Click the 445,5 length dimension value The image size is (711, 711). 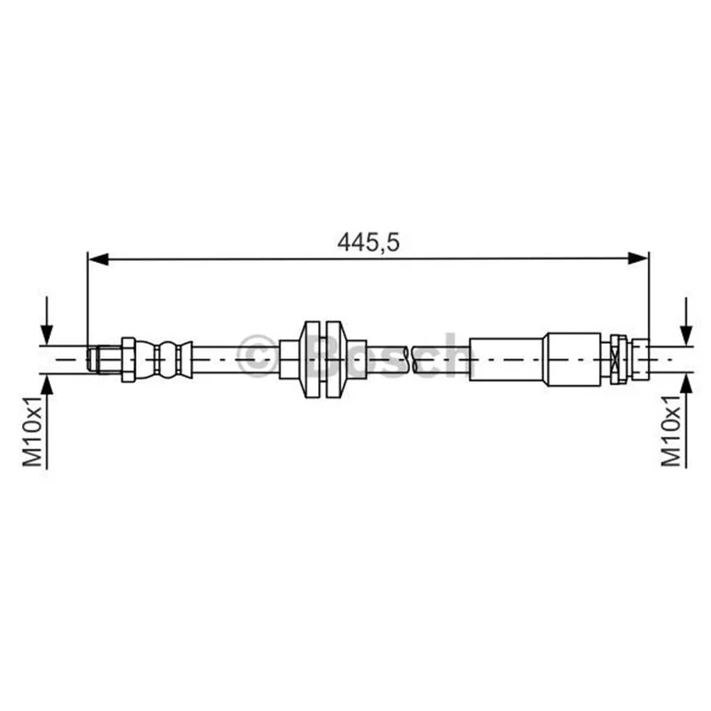click(368, 243)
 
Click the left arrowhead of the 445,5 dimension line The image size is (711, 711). click(98, 259)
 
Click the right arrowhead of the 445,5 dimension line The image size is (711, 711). click(638, 259)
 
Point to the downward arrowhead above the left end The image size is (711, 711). click(47, 335)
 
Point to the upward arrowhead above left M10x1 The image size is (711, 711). click(47, 385)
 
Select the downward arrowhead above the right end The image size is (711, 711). click(686, 335)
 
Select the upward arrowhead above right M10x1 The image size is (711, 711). click(686, 385)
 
